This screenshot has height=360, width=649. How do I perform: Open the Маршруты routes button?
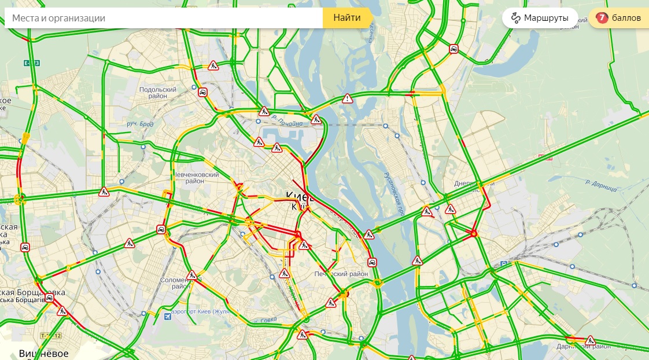click(x=540, y=18)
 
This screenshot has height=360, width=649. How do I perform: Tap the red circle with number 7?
click(x=602, y=18)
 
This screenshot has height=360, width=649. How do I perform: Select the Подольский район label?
click(x=157, y=93)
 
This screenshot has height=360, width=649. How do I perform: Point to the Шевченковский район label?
click(x=197, y=178)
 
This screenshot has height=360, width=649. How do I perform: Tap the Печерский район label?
click(x=341, y=274)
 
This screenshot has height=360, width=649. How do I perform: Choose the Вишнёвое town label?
click(x=43, y=353)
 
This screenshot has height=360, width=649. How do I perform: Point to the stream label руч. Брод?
click(x=139, y=124)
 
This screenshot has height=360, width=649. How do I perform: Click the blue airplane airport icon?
click(x=168, y=316)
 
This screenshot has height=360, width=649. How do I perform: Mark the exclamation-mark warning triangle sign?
click(x=347, y=98)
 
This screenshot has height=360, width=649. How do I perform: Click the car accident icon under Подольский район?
click(x=202, y=92)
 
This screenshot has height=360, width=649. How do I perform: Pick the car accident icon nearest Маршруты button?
click(x=455, y=49)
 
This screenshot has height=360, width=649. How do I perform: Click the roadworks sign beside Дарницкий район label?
click(x=591, y=340)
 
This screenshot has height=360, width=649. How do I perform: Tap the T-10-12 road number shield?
click(x=50, y=336)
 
